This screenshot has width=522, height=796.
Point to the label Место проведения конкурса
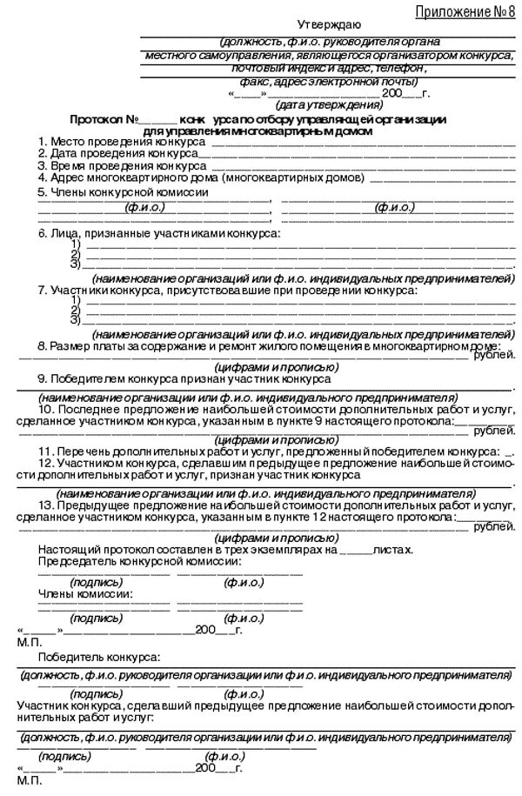coord(117,140)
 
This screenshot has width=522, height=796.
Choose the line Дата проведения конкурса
coord(114,152)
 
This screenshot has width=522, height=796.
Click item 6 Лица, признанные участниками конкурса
coord(159,234)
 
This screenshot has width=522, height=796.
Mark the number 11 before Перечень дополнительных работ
coord(45,452)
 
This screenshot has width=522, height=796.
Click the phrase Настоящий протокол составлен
coord(113,550)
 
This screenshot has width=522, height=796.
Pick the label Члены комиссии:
coord(84,593)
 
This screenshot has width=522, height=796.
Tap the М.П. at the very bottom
coord(28,782)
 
